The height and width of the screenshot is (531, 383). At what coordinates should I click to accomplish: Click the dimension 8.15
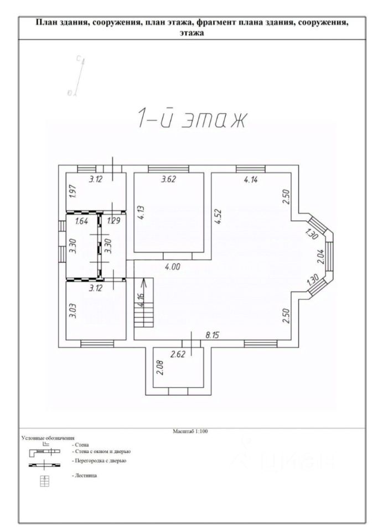(213, 335)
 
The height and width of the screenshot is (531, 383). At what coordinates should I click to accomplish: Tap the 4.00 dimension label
(173, 267)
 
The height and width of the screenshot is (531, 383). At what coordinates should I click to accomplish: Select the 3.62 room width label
(168, 179)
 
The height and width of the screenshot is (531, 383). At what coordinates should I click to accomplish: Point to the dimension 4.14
(251, 179)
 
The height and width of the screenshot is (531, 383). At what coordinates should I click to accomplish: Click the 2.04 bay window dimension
(322, 256)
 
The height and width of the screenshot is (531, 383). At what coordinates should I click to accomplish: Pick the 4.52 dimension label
(218, 217)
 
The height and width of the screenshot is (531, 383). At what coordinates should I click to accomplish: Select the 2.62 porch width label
(178, 355)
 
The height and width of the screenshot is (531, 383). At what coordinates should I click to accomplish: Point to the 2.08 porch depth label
(161, 367)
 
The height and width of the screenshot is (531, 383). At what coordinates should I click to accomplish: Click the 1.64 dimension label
(82, 221)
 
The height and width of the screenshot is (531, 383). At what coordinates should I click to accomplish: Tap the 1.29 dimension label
(113, 221)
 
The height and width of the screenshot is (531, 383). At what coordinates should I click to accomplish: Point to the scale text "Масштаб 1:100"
(190, 431)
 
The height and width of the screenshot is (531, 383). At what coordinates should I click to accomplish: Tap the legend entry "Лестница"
(84, 476)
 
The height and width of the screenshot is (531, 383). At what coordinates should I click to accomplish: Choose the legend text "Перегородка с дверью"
(99, 461)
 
